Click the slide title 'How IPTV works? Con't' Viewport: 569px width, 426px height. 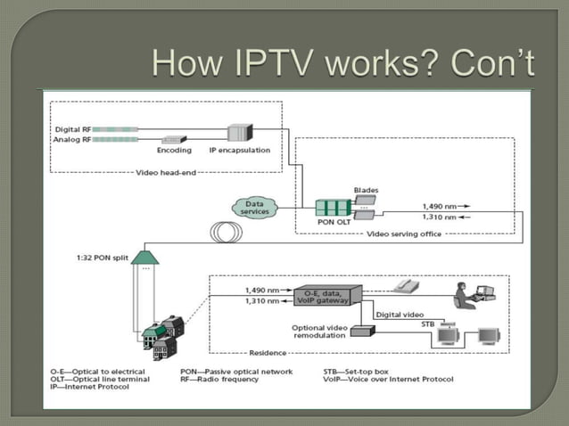[x=342, y=63]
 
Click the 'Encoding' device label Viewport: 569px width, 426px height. [x=175, y=151]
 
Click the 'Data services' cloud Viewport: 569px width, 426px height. [x=255, y=208]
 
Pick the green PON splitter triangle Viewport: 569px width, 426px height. [x=144, y=257]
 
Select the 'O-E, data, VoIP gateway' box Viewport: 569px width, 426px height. [x=332, y=295]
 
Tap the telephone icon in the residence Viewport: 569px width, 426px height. [x=406, y=287]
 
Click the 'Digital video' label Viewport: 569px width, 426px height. [x=400, y=314]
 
